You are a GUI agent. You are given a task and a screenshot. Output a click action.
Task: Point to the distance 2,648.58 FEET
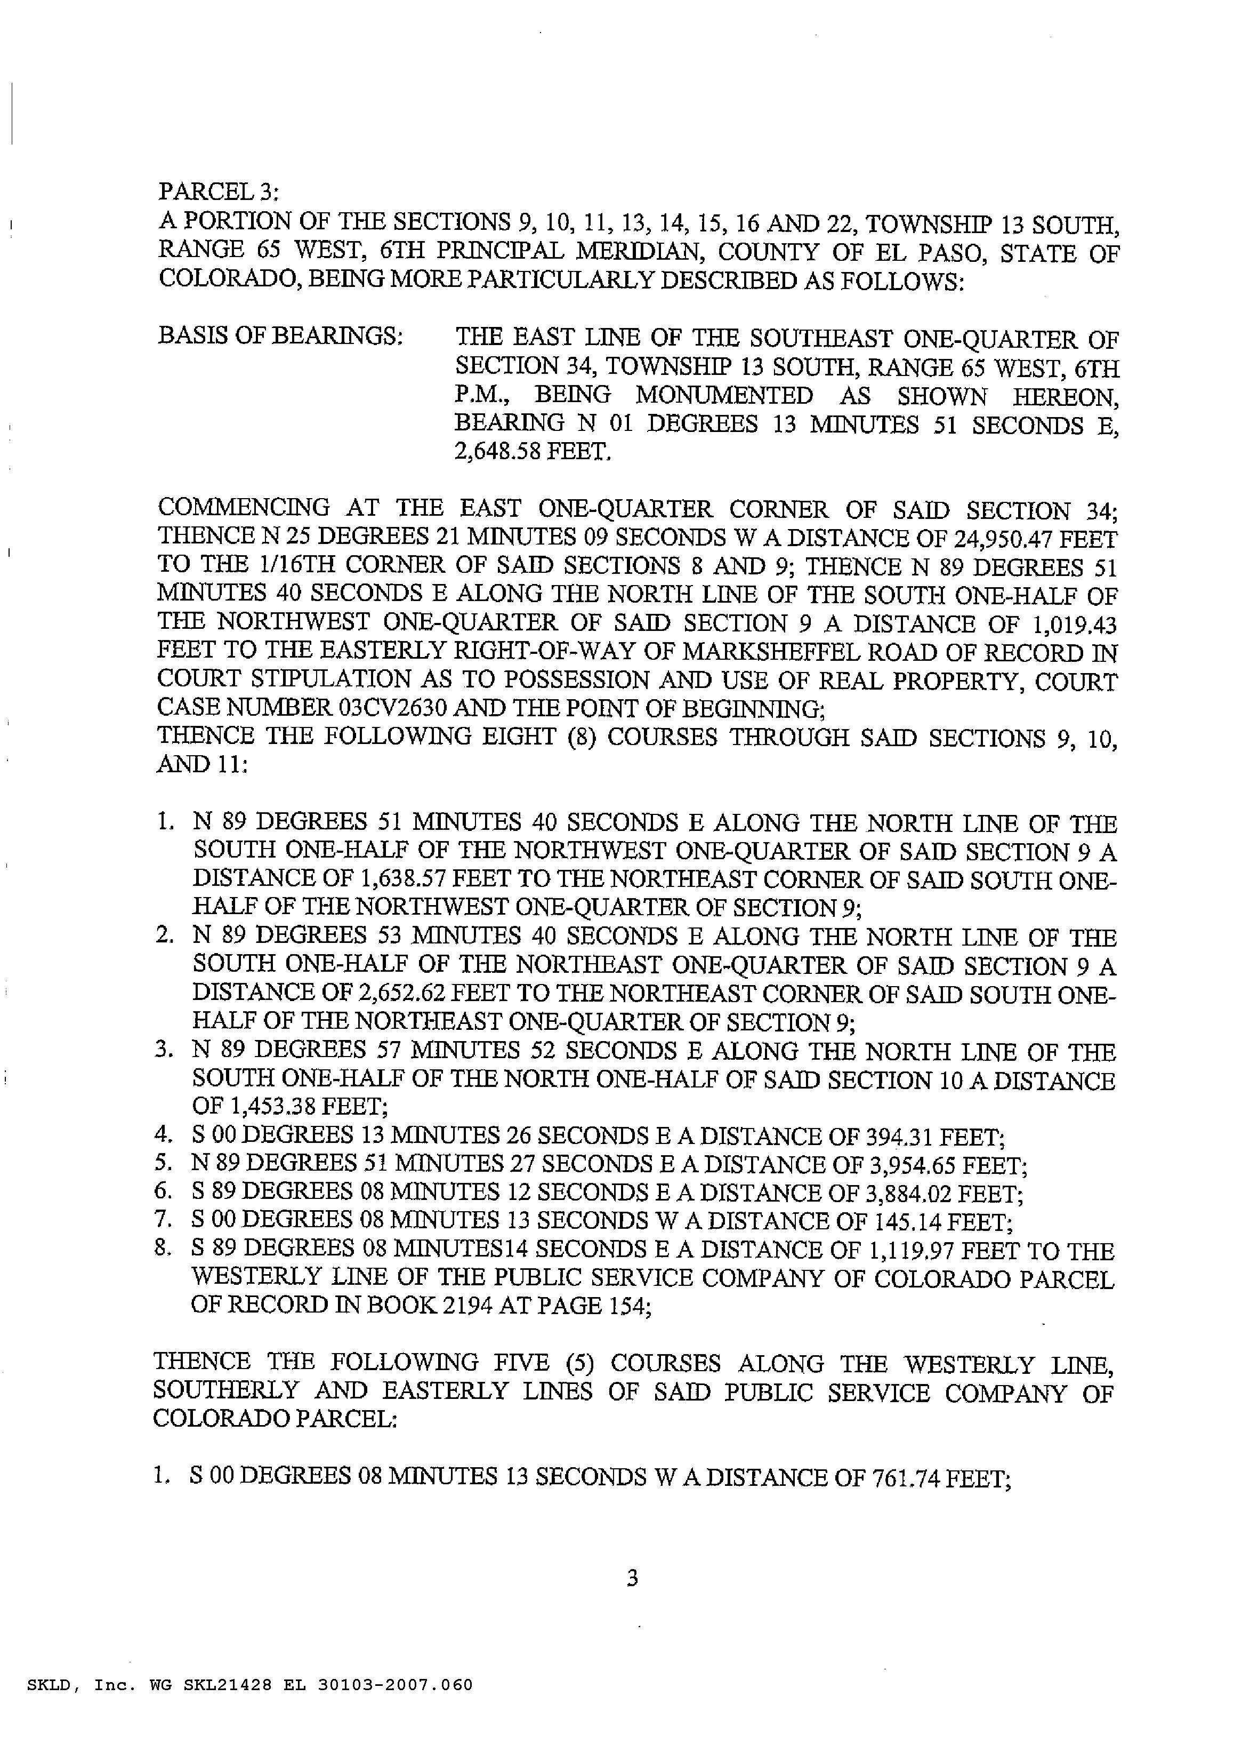pos(532,451)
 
